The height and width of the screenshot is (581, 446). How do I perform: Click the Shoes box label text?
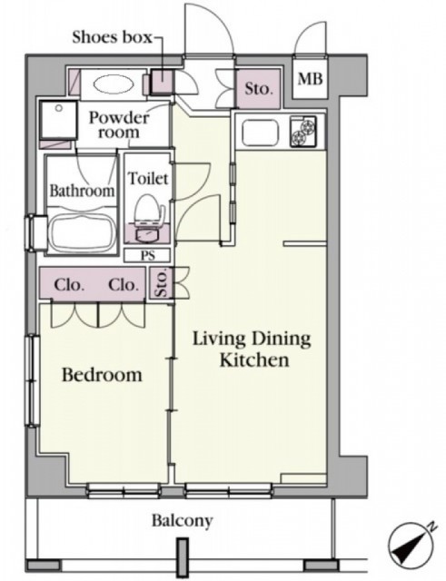click(112, 37)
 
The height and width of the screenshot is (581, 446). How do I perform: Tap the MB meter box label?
click(311, 79)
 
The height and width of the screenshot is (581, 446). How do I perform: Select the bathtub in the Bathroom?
click(82, 232)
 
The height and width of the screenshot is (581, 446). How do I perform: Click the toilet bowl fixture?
click(149, 216)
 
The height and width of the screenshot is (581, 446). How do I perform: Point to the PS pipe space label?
click(147, 256)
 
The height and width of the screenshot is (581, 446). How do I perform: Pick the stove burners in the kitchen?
click(303, 132)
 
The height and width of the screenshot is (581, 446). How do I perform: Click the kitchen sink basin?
click(260, 133)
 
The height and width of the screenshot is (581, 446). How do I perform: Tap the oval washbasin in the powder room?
click(114, 85)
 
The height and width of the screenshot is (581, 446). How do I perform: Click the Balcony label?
click(183, 521)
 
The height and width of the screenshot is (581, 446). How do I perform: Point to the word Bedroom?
click(102, 375)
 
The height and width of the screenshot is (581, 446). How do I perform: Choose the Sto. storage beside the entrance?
click(258, 89)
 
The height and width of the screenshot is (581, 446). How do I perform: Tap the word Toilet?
click(148, 179)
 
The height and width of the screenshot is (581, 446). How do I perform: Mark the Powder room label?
click(119, 124)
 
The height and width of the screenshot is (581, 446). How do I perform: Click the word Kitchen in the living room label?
click(254, 360)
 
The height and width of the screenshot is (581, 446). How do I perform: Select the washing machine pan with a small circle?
click(58, 119)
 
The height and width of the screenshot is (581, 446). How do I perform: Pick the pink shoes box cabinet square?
click(163, 82)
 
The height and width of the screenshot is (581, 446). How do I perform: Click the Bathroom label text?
click(82, 191)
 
